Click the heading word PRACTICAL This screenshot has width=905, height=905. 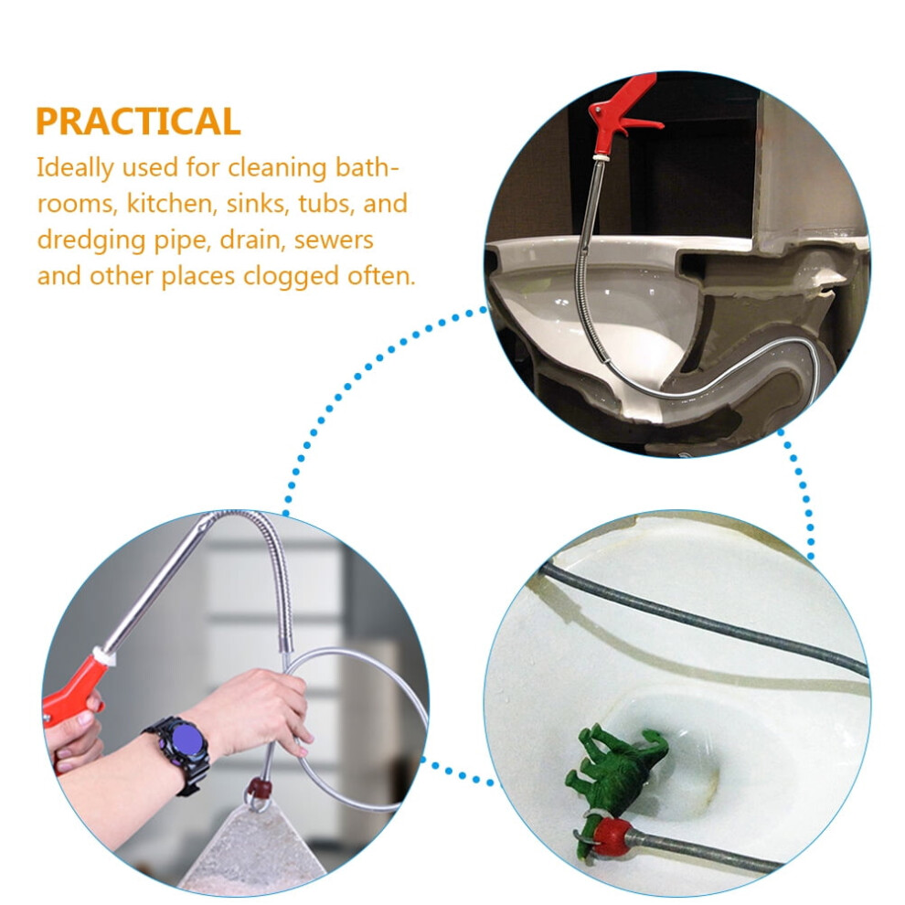pyautogui.click(x=138, y=122)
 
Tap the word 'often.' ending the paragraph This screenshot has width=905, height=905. pyautogui.click(x=381, y=276)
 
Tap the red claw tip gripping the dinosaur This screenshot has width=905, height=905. pyautogui.click(x=608, y=836)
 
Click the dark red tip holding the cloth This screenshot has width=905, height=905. pyautogui.click(x=258, y=787)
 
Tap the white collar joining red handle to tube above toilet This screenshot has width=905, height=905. pyautogui.click(x=602, y=156)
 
